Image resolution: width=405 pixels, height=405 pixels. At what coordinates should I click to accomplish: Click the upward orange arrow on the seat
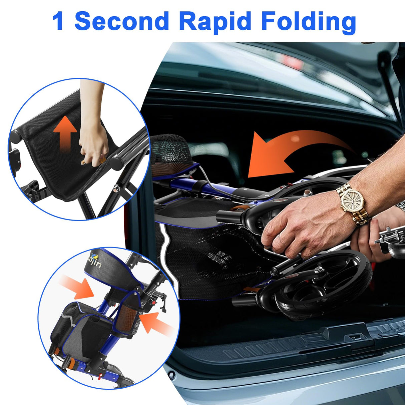pyautogui.click(x=65, y=134)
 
